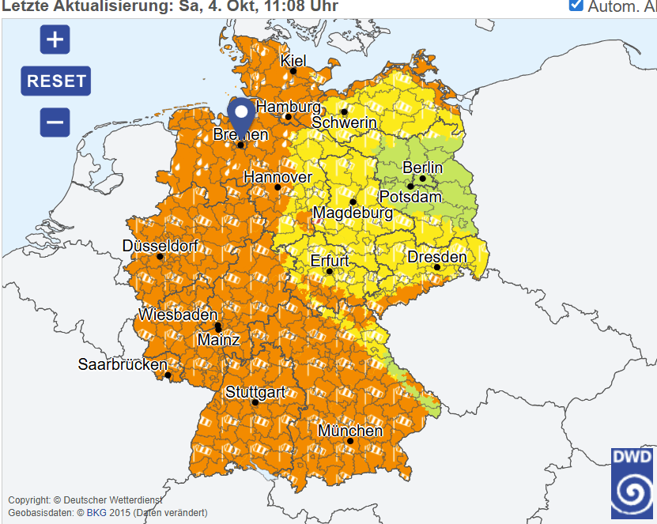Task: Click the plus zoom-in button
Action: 55,39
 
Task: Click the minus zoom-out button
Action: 55,123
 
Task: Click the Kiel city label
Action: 293,61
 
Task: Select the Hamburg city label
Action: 289,107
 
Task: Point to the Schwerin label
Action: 344,123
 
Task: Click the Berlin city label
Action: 423,168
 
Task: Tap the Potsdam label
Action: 410,197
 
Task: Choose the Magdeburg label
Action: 353,213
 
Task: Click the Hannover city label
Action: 278,177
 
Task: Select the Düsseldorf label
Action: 160,246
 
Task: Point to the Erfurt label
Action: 330,260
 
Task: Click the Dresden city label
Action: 436,257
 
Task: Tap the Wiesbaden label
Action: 178,315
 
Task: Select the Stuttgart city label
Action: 255,391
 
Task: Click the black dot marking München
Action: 350,441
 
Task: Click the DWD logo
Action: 632,483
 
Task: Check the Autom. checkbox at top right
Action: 576,5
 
